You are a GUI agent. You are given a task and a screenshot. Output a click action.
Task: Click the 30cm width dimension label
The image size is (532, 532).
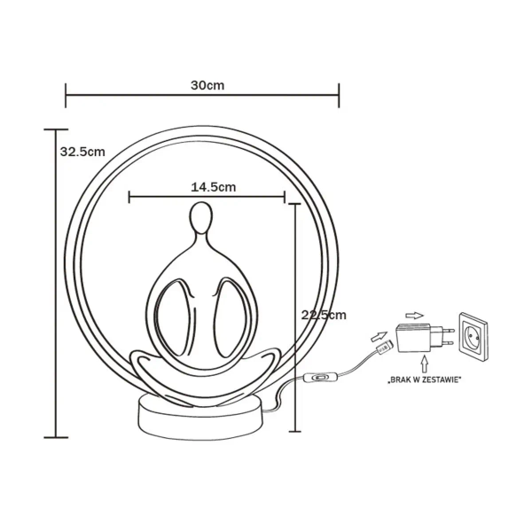pos(206,85)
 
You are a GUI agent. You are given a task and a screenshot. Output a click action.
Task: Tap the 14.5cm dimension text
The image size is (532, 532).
pos(213,187)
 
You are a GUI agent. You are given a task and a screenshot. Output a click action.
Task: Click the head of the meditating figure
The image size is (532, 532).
pos(200,218)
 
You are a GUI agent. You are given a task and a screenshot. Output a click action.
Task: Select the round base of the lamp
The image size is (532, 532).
pos(200,414)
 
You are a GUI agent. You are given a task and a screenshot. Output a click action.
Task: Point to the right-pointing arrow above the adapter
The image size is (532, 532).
pos(413,314)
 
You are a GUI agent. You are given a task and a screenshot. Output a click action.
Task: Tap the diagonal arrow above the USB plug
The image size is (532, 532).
pos(379,335)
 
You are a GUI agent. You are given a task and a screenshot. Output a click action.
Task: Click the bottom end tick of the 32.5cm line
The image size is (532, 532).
pos(56,436)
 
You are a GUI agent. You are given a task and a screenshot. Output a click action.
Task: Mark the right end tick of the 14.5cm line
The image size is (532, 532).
pos(285,196)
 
